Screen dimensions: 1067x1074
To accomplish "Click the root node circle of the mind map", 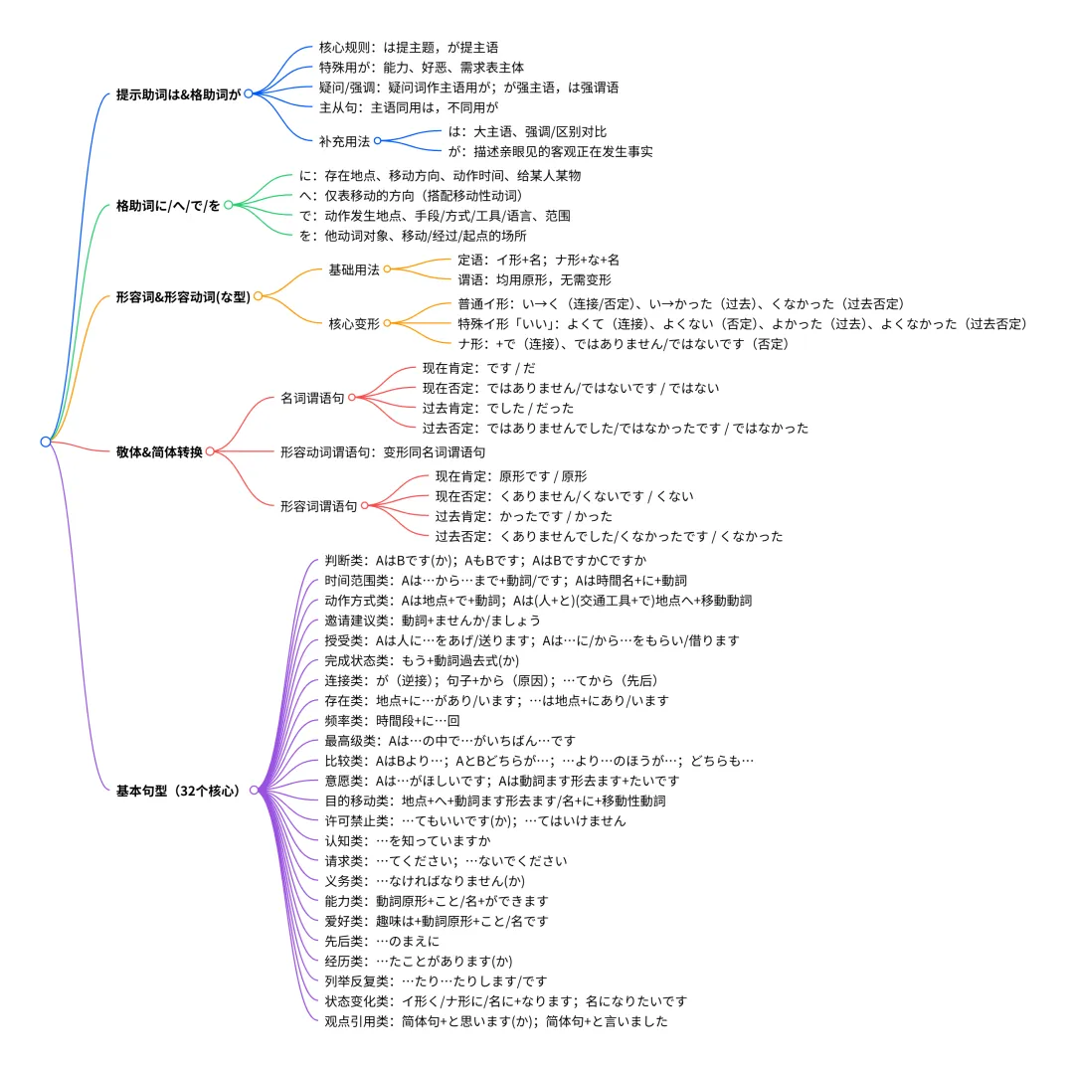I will click(x=46, y=442).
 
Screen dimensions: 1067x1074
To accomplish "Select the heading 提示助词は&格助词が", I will click(x=179, y=94).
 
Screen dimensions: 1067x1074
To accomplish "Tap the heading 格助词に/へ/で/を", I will click(x=168, y=206).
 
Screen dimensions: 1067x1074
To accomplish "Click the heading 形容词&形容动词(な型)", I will click(x=183, y=296).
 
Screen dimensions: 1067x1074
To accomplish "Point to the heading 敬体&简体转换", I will click(x=159, y=451).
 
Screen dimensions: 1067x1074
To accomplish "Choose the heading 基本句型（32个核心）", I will click(x=179, y=791).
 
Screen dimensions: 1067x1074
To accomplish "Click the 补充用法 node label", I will click(x=344, y=141).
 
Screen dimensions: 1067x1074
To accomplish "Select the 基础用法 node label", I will click(x=354, y=269).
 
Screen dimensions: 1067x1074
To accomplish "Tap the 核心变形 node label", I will click(x=354, y=323).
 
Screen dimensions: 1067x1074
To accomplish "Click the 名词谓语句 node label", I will click(x=312, y=398).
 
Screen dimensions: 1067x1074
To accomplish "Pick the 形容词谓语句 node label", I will click(x=318, y=506).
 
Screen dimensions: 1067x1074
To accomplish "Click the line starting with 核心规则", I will click(x=409, y=47).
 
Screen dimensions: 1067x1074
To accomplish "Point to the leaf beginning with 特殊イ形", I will click(x=742, y=323).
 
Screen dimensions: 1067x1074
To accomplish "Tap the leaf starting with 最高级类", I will click(x=449, y=741).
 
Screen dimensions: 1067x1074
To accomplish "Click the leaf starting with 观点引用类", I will click(x=496, y=1021).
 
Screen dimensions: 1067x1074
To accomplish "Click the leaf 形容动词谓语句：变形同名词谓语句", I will click(x=383, y=451).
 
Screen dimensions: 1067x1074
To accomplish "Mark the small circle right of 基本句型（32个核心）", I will click(x=254, y=791).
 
